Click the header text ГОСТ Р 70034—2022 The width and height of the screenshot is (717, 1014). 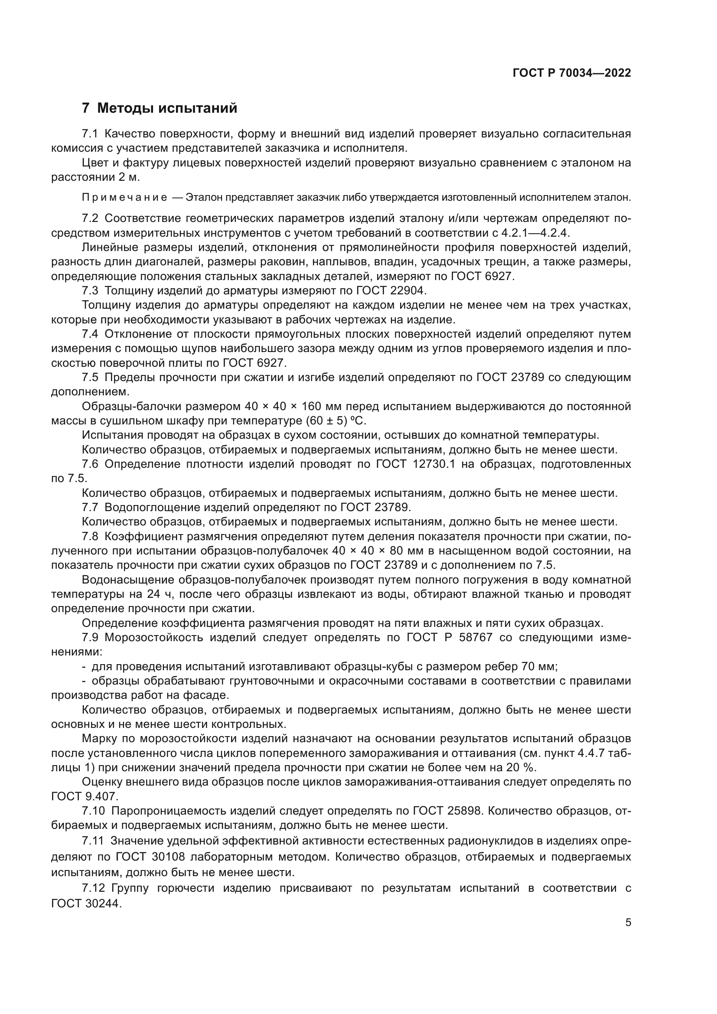pos(572,73)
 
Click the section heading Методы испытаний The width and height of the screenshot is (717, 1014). pos(167,108)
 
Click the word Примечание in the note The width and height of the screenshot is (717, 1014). pos(125,197)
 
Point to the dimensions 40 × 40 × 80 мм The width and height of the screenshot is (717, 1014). pos(382,551)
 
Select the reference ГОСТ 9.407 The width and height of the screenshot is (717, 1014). pos(85,797)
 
